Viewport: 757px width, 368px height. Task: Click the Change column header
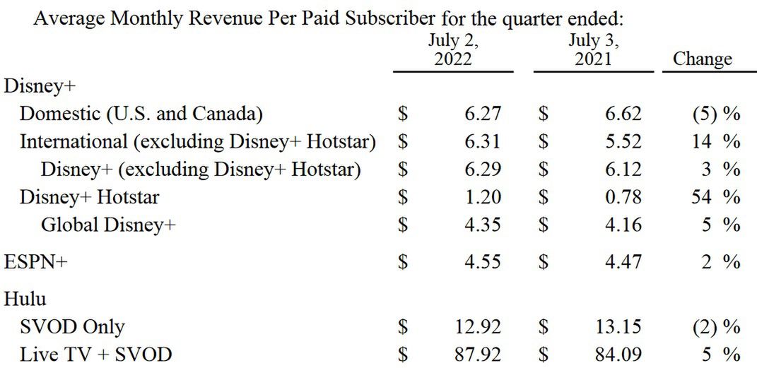702,59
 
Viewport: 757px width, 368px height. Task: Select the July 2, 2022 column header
453,50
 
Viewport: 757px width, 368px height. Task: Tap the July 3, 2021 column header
593,50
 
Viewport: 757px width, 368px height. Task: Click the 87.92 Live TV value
479,355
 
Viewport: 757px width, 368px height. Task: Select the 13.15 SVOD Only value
619,327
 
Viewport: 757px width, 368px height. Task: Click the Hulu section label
25,299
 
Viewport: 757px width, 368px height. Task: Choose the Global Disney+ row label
108,225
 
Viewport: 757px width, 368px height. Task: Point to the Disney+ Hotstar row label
89,197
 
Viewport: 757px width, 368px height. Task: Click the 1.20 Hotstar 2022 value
485,197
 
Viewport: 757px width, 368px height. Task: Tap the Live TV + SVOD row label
95,355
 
